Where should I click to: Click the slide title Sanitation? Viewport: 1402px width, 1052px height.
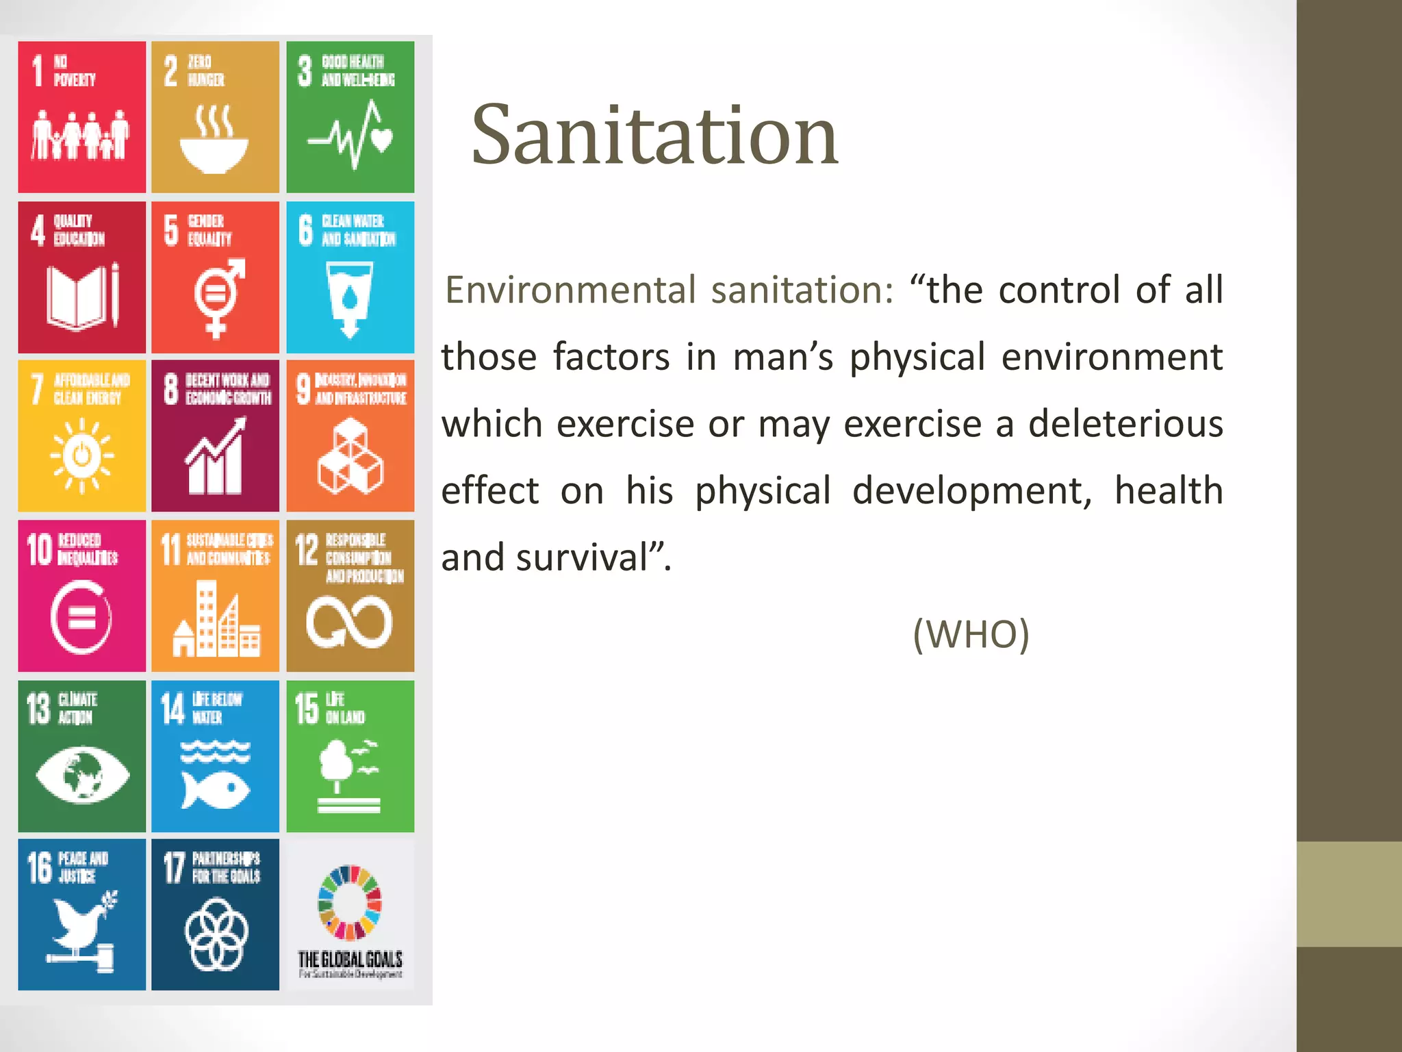tap(654, 135)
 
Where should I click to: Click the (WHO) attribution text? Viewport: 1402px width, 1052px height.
tap(971, 634)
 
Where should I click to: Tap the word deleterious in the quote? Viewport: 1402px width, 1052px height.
tap(1125, 424)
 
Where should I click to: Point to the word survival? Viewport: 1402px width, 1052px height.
tap(582, 558)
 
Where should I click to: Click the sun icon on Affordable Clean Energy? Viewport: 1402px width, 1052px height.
tap(81, 455)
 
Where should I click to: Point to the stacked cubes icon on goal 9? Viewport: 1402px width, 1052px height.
tap(350, 457)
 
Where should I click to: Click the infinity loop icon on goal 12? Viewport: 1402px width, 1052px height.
tap(349, 621)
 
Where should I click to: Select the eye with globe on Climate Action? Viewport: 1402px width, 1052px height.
tap(82, 774)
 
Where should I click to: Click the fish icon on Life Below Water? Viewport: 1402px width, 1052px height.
tap(215, 788)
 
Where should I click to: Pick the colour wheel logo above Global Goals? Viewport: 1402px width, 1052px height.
tap(350, 903)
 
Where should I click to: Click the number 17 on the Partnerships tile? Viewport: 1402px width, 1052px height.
tap(174, 868)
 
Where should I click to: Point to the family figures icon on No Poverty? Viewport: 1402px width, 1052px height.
tap(80, 134)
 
